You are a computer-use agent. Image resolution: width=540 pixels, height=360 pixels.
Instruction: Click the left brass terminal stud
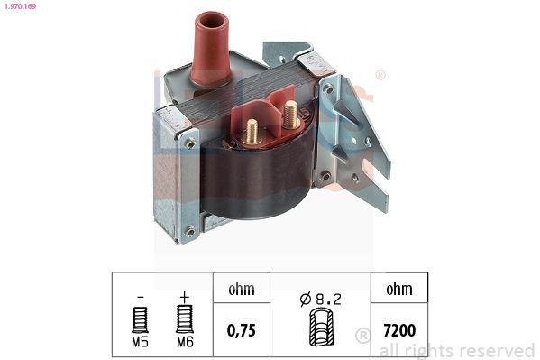[252, 130]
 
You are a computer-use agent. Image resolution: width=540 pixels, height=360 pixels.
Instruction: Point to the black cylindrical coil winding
[261, 185]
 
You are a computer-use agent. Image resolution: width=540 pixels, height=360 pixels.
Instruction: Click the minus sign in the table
[140, 294]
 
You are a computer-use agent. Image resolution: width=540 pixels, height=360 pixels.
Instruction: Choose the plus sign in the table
[184, 294]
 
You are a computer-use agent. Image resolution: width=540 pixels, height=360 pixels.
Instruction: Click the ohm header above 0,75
[241, 290]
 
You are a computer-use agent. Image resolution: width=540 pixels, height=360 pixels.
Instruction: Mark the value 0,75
[241, 330]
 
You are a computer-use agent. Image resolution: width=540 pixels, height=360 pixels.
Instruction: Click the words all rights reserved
[457, 350]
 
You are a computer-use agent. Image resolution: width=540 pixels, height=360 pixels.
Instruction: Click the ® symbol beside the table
[362, 336]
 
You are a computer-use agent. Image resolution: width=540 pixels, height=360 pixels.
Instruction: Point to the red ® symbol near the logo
[380, 76]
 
